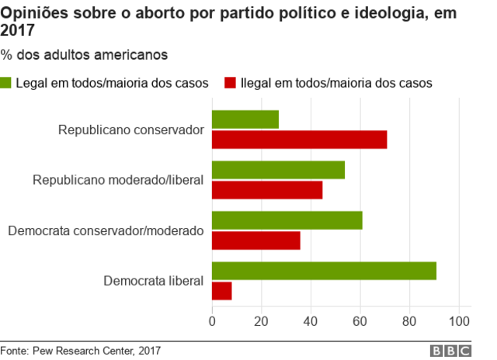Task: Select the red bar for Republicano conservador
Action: click(x=299, y=140)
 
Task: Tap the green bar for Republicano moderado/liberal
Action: click(x=278, y=170)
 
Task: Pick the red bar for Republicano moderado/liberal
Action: click(x=267, y=190)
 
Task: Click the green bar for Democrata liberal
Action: click(x=324, y=271)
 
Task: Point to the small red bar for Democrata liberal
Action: click(x=222, y=291)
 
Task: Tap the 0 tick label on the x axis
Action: click(x=212, y=321)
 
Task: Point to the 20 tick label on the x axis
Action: click(x=261, y=321)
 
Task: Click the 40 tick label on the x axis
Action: click(x=311, y=321)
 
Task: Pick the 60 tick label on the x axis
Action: click(x=360, y=321)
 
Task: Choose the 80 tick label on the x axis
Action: click(x=410, y=321)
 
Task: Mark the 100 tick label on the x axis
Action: click(x=460, y=321)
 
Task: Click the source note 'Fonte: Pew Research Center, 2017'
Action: click(x=80, y=351)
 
